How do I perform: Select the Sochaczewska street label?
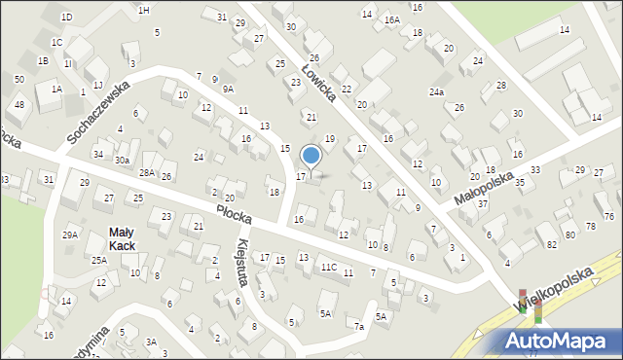[97, 112]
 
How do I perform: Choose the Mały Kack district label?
[122, 238]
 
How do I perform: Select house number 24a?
[436, 92]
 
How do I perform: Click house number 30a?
[122, 160]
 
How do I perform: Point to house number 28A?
[146, 172]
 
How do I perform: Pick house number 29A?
[70, 234]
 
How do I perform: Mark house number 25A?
[99, 260]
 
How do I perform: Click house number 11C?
[329, 267]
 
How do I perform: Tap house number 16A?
[391, 19]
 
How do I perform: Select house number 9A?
[228, 89]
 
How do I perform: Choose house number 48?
[19, 104]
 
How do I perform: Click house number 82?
[552, 243]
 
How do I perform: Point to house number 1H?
[143, 10]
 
